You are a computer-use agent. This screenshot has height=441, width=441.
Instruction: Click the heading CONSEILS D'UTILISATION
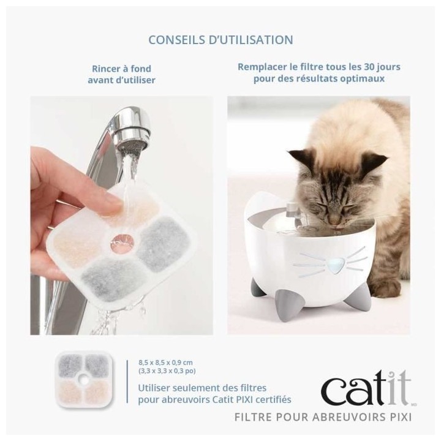(x=221, y=40)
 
